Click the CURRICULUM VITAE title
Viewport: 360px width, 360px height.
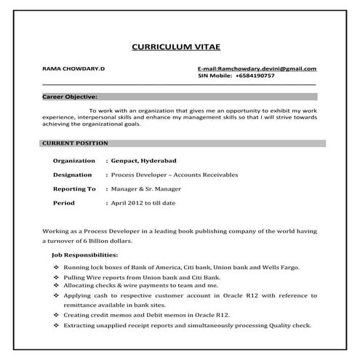179,45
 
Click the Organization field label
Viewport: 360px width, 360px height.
74,161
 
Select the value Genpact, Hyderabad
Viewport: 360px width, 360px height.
144,161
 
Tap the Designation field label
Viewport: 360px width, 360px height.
73,175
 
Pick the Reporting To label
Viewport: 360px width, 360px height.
74,188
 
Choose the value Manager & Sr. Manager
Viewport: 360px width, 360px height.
148,188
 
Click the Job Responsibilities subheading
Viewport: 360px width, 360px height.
85,256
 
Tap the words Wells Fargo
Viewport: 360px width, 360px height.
295,269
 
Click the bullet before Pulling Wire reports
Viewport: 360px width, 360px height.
57,279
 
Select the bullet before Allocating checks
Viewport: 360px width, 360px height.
57,287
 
